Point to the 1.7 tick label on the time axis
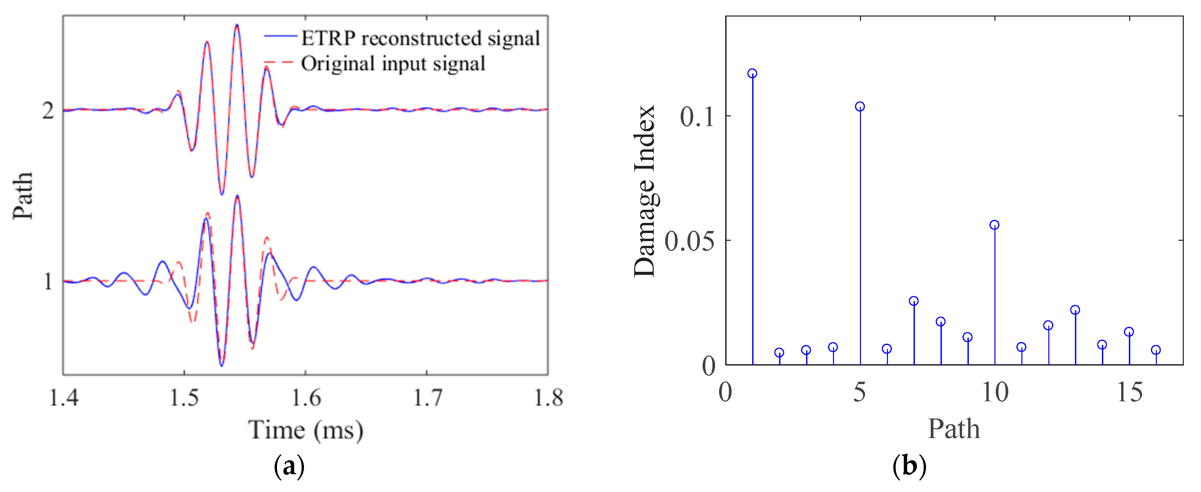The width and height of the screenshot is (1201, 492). pos(427,398)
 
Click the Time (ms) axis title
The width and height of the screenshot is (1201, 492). pos(305,430)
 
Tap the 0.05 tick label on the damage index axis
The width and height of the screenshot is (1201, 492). pos(689,241)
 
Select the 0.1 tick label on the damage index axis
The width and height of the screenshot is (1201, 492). pos(697,117)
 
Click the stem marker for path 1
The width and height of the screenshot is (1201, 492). pos(752,73)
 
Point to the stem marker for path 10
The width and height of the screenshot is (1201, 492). pos(994,225)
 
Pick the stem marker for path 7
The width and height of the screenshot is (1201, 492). pos(914,301)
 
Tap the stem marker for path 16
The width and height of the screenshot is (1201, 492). pos(1156,350)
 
